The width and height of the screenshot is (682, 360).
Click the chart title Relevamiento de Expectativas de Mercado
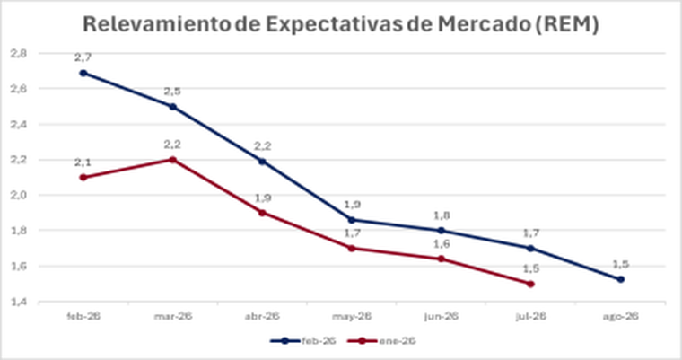(341, 25)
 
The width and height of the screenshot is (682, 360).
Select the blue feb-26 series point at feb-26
(83, 73)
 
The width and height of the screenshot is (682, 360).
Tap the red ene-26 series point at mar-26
(172, 160)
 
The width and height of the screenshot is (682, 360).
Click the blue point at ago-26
(621, 279)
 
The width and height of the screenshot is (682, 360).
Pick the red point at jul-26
(531, 284)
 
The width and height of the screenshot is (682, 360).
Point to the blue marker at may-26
(352, 219)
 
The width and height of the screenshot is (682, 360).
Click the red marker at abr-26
(262, 213)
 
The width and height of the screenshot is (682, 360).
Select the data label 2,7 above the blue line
(83, 57)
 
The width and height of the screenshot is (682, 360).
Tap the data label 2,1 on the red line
(83, 162)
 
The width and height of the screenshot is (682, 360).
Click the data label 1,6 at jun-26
(442, 243)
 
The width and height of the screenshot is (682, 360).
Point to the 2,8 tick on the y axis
(18, 54)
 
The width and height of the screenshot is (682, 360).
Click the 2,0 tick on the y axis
(18, 195)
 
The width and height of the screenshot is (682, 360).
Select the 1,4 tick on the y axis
(18, 302)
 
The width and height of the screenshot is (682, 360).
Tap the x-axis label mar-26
(172, 316)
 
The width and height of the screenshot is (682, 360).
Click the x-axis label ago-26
(621, 316)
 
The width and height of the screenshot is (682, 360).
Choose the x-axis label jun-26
(442, 316)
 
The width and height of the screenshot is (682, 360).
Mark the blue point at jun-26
(442, 231)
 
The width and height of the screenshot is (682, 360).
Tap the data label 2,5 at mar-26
(172, 91)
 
